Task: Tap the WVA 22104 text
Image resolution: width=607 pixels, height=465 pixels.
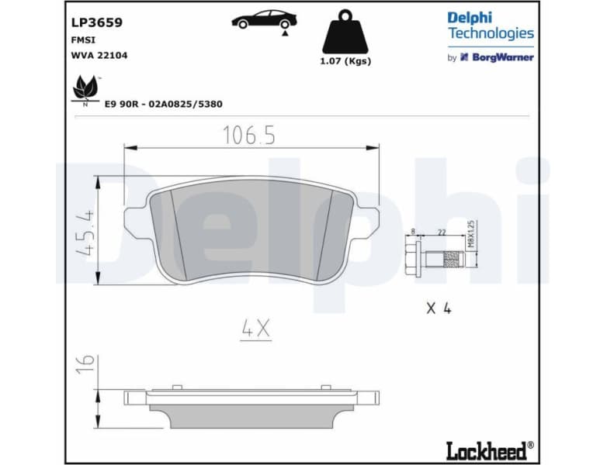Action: (x=95, y=56)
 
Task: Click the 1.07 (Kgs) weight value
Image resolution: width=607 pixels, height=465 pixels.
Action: (x=345, y=61)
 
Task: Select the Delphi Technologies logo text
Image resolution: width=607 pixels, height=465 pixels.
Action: (x=490, y=26)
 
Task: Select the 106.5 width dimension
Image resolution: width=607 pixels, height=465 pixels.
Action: (x=249, y=136)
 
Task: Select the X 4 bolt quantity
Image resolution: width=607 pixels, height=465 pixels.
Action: (x=439, y=308)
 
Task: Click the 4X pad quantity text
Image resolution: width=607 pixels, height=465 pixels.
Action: (x=255, y=329)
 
